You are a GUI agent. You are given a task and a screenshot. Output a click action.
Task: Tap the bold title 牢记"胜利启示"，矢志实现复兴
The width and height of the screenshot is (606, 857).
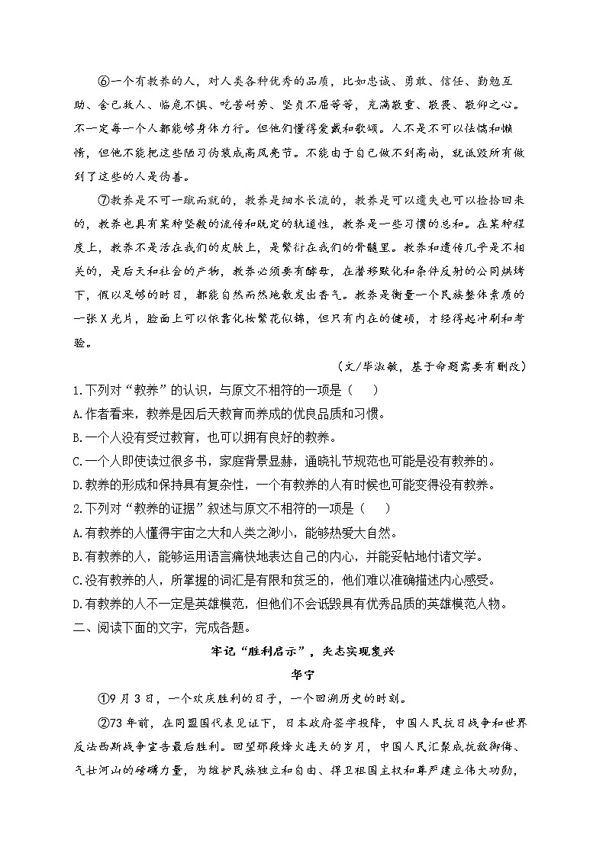click(x=302, y=651)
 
